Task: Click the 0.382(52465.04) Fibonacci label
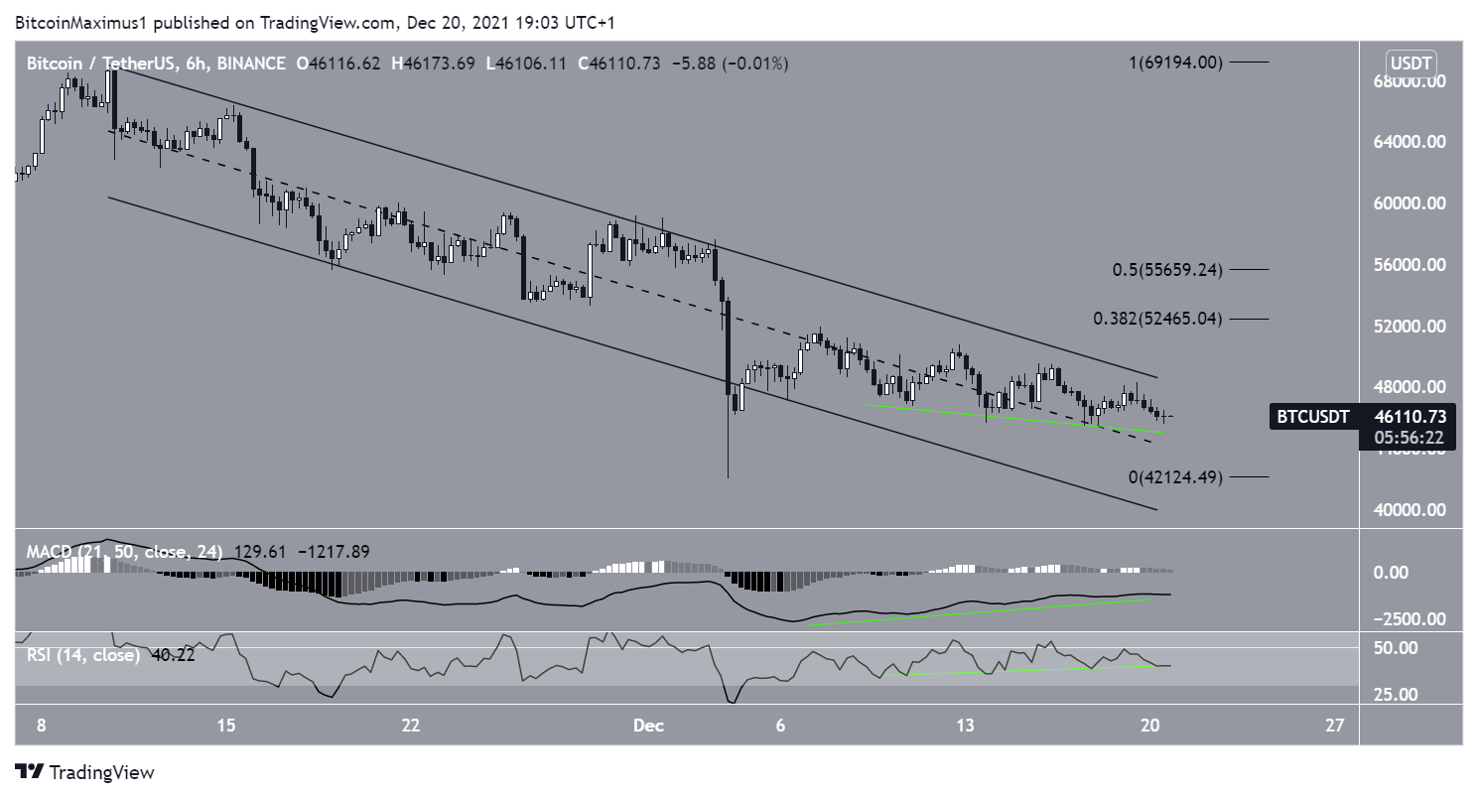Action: click(1157, 319)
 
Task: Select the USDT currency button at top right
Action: click(1411, 64)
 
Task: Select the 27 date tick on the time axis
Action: click(1335, 726)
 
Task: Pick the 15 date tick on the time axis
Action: click(226, 726)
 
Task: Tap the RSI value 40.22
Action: click(168, 655)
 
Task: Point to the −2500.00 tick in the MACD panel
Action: click(1408, 619)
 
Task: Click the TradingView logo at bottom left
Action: click(84, 772)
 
